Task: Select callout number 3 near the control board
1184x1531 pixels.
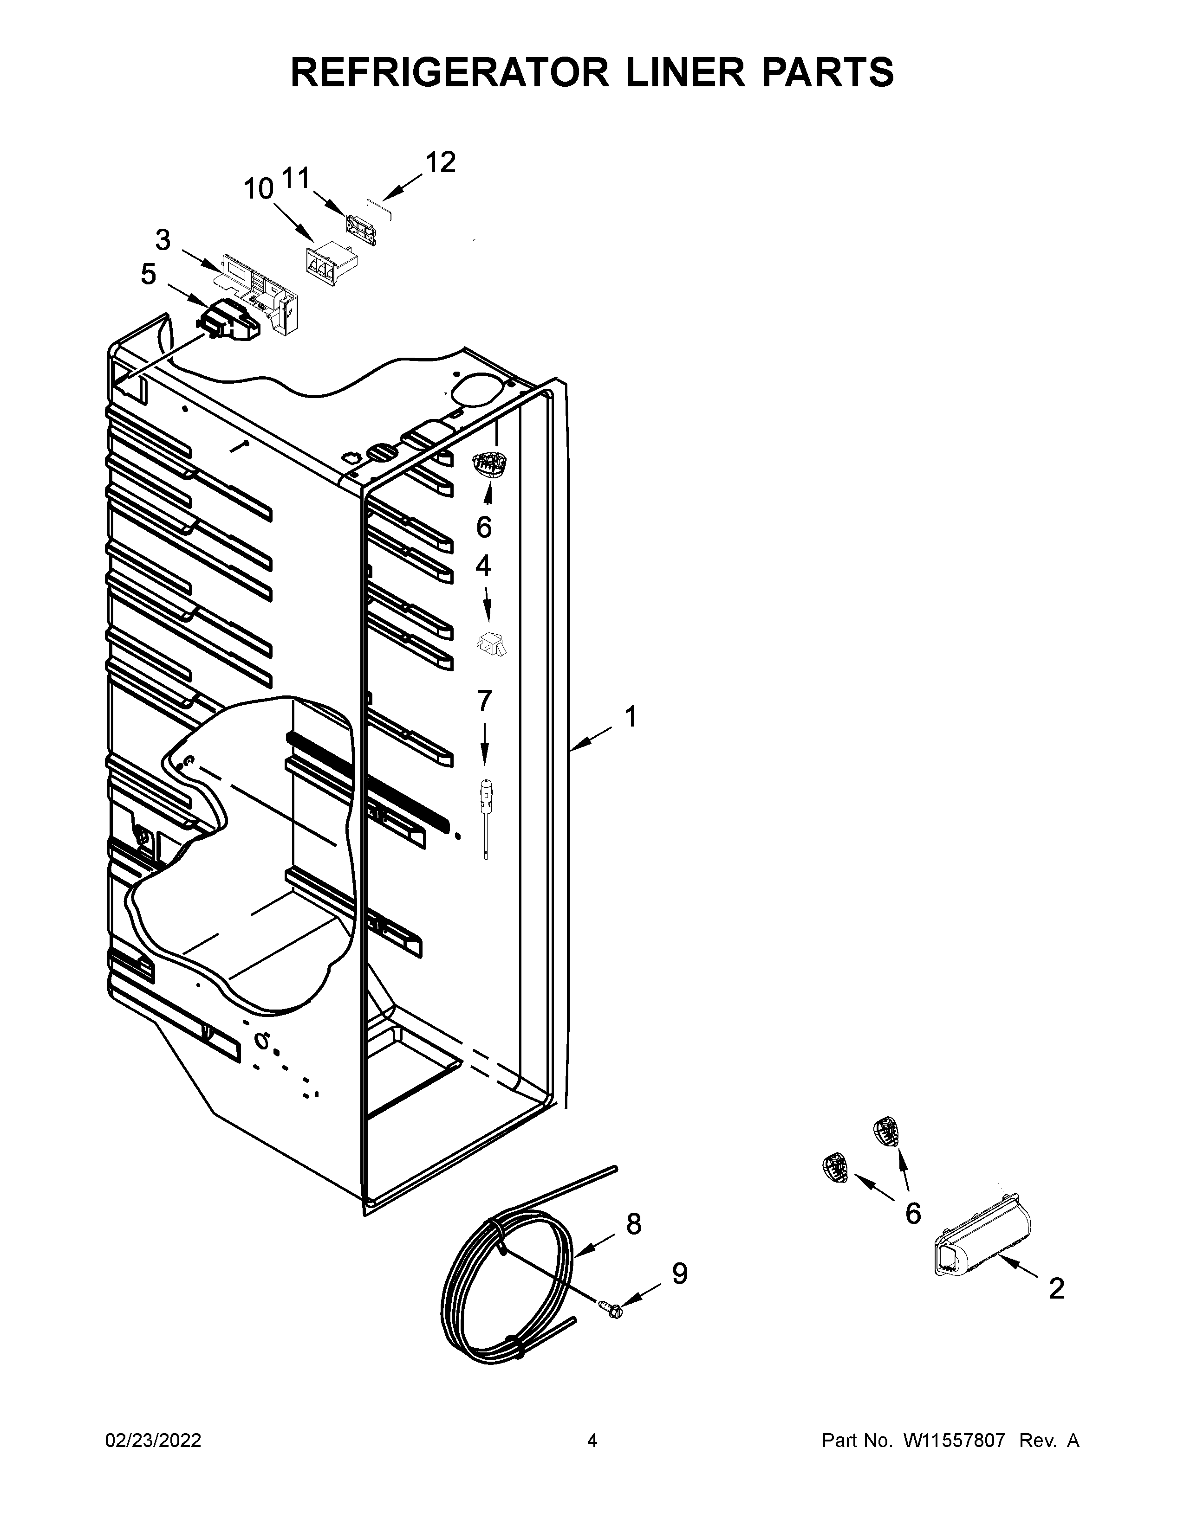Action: (x=162, y=240)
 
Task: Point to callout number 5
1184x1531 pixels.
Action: (x=148, y=275)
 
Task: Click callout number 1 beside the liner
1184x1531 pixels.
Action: (x=630, y=717)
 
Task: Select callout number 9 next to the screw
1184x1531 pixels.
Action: (x=679, y=1274)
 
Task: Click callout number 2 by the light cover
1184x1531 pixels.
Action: (x=1056, y=1288)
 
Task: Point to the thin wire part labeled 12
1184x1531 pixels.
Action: (x=379, y=207)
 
